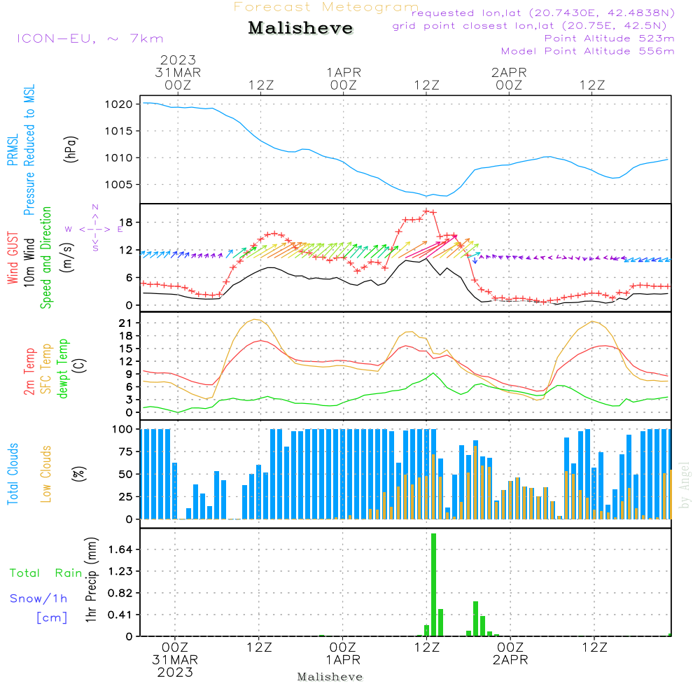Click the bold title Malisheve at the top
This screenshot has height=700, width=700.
click(x=300, y=28)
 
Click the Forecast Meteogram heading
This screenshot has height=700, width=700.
click(x=326, y=7)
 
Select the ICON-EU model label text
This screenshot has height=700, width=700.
click(x=90, y=38)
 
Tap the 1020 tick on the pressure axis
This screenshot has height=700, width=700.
click(x=119, y=104)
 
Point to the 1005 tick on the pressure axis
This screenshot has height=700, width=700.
click(x=119, y=184)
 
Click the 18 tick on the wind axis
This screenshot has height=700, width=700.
click(x=127, y=223)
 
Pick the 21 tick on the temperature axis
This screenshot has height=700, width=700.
click(x=126, y=323)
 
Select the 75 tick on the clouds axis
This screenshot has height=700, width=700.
click(x=126, y=451)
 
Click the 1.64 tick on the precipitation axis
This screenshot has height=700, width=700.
click(x=120, y=549)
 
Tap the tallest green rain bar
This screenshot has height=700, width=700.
click(x=433, y=584)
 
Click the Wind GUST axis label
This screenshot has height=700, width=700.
click(x=13, y=258)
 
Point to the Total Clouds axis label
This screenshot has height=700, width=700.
click(x=13, y=474)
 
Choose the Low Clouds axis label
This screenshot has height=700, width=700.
click(x=45, y=474)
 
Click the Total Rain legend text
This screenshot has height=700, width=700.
click(x=46, y=573)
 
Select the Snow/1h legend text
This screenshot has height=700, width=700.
click(x=38, y=598)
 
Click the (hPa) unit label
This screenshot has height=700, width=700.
click(x=71, y=149)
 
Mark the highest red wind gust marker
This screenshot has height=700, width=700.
click(x=427, y=211)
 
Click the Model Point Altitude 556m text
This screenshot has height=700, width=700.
click(x=587, y=51)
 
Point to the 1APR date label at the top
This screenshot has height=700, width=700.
click(x=344, y=72)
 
